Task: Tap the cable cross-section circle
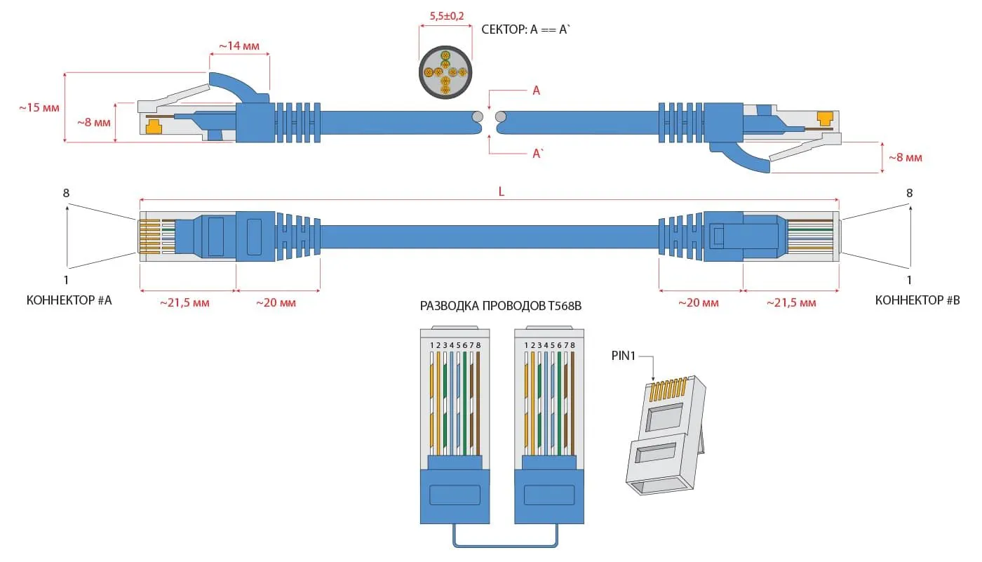click(x=445, y=74)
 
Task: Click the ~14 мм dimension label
click(x=238, y=46)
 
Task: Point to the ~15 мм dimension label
click(x=39, y=108)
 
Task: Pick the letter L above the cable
click(x=502, y=192)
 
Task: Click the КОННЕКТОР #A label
click(x=69, y=300)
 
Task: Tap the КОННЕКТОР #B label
click(x=917, y=300)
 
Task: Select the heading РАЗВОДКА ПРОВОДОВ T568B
click(x=502, y=306)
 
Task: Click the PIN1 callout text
click(x=624, y=356)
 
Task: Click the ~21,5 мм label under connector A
click(x=185, y=303)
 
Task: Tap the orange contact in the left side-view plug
click(x=153, y=126)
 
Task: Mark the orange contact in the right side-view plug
click(x=826, y=119)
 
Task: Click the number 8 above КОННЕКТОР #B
click(x=910, y=193)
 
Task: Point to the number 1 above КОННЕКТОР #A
click(x=66, y=279)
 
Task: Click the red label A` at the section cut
click(x=537, y=154)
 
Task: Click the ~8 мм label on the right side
click(x=905, y=158)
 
